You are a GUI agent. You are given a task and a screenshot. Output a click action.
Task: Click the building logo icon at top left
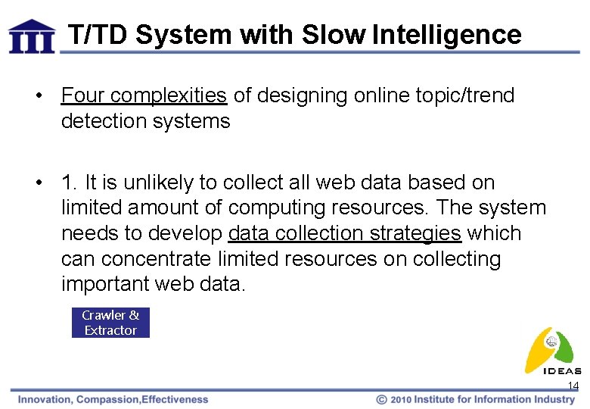32,36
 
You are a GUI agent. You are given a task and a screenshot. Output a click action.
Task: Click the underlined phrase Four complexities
144,95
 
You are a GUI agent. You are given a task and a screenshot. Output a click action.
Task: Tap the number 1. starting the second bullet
70,183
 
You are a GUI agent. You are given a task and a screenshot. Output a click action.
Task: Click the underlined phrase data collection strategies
344,233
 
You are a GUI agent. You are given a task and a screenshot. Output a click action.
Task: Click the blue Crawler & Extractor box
110,323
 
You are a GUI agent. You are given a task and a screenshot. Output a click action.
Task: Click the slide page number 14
573,386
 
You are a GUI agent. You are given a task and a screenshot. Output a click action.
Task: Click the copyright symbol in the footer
382,399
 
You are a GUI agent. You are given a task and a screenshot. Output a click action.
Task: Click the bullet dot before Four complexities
38,96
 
